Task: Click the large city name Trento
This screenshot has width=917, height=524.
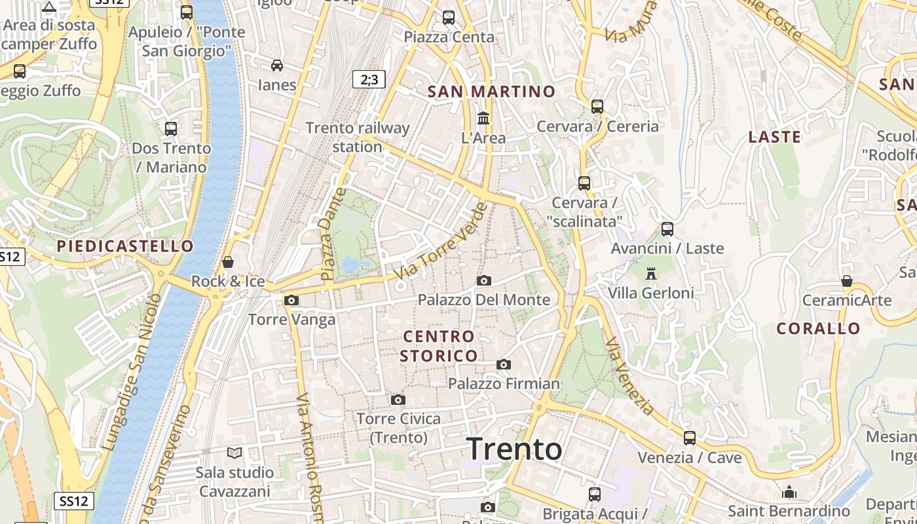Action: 514,449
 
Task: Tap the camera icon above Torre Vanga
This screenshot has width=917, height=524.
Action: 291,300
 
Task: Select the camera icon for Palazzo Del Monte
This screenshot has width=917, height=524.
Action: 484,280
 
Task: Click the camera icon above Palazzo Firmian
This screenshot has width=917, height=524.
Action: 503,364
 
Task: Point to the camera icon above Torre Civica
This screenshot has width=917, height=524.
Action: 398,400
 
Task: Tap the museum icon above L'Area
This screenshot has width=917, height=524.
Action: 484,119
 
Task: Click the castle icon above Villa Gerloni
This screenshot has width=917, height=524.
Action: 651,273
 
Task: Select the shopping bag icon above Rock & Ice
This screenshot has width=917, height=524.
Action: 228,263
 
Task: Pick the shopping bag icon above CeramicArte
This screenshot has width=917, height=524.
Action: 847,282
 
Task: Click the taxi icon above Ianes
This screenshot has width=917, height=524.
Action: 277,65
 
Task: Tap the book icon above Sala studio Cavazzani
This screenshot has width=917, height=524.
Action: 234,453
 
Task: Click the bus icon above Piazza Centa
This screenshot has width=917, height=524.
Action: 449,18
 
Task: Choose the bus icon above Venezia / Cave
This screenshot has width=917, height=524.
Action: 689,438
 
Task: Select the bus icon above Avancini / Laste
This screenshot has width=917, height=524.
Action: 667,229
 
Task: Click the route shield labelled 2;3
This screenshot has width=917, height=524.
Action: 369,80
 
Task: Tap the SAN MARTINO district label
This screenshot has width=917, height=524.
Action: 491,92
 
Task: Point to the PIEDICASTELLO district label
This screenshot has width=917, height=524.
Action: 125,246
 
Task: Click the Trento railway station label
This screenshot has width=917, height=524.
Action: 357,137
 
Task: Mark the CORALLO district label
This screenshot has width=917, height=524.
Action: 819,329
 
